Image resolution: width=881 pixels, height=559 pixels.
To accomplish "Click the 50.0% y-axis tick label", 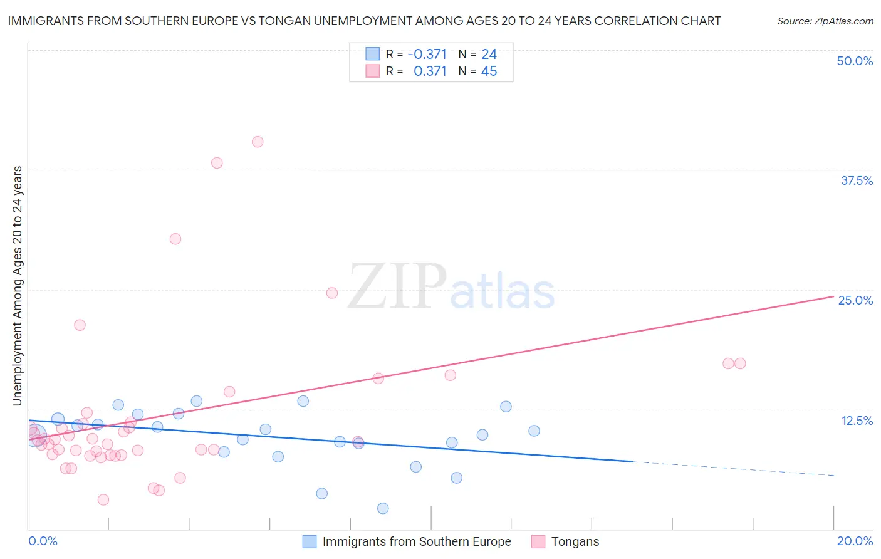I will tap(855, 61).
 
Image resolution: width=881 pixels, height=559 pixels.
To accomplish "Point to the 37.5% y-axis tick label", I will tap(857, 180).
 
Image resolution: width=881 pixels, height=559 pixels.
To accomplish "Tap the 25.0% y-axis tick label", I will tap(855, 300).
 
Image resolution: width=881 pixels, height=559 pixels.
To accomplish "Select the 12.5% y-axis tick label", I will tap(857, 421).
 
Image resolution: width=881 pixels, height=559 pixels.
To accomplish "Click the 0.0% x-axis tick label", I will tap(43, 541).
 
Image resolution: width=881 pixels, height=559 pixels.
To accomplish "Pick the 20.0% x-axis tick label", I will tap(855, 541).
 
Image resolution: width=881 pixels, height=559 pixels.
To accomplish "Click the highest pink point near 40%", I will tap(258, 142).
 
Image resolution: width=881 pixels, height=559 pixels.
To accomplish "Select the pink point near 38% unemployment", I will tap(217, 163).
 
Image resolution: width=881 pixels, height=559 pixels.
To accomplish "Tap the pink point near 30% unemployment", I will tap(175, 239).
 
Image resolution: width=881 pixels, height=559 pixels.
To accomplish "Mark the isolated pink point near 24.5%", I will tap(332, 293).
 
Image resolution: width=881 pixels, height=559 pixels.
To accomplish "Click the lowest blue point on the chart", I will tap(383, 508).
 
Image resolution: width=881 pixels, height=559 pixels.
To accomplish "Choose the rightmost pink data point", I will tap(740, 363).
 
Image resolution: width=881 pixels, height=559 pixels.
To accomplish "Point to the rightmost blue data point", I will tap(534, 431).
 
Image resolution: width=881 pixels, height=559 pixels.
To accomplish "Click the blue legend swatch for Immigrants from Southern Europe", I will tap(310, 541).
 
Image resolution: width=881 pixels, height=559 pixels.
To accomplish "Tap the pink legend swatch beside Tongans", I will tap(538, 541).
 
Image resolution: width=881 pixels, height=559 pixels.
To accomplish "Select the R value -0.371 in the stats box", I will tap(427, 55).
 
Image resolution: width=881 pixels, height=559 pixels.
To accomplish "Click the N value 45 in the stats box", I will tap(489, 71).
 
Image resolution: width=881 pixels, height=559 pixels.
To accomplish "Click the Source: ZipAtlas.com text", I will tap(825, 21).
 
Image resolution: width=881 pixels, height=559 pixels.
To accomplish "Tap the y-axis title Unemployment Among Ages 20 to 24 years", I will tap(17, 286).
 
